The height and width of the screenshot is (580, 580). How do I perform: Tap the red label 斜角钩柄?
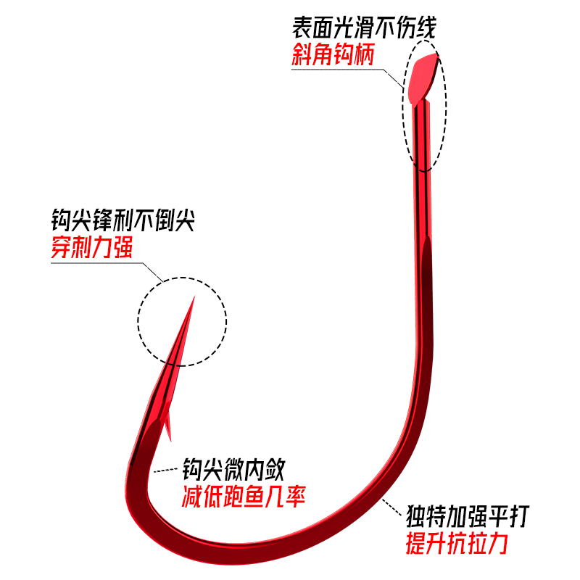[x=333, y=55]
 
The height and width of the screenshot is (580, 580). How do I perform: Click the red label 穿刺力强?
[x=92, y=249]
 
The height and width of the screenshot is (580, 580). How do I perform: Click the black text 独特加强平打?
[x=468, y=518]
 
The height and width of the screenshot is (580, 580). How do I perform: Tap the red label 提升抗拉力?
[x=457, y=543]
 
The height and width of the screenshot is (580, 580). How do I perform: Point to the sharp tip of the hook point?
[x=193, y=298]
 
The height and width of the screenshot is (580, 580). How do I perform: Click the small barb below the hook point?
[x=168, y=428]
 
